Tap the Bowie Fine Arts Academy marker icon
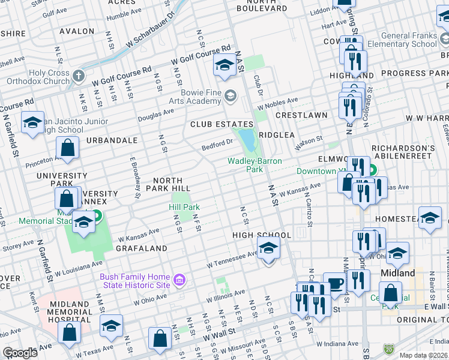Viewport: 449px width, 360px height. (x=230, y=95)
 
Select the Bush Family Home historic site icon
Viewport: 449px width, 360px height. (x=178, y=280)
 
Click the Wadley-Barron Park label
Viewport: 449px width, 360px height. (x=246, y=165)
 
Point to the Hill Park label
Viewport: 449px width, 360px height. (x=184, y=207)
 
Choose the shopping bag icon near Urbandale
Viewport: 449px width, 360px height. (x=68, y=146)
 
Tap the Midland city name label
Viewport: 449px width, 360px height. (x=398, y=273)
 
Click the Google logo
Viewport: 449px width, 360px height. (x=20, y=353)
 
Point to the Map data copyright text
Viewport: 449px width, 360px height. (x=424, y=355)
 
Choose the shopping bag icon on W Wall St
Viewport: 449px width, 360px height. (x=161, y=338)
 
